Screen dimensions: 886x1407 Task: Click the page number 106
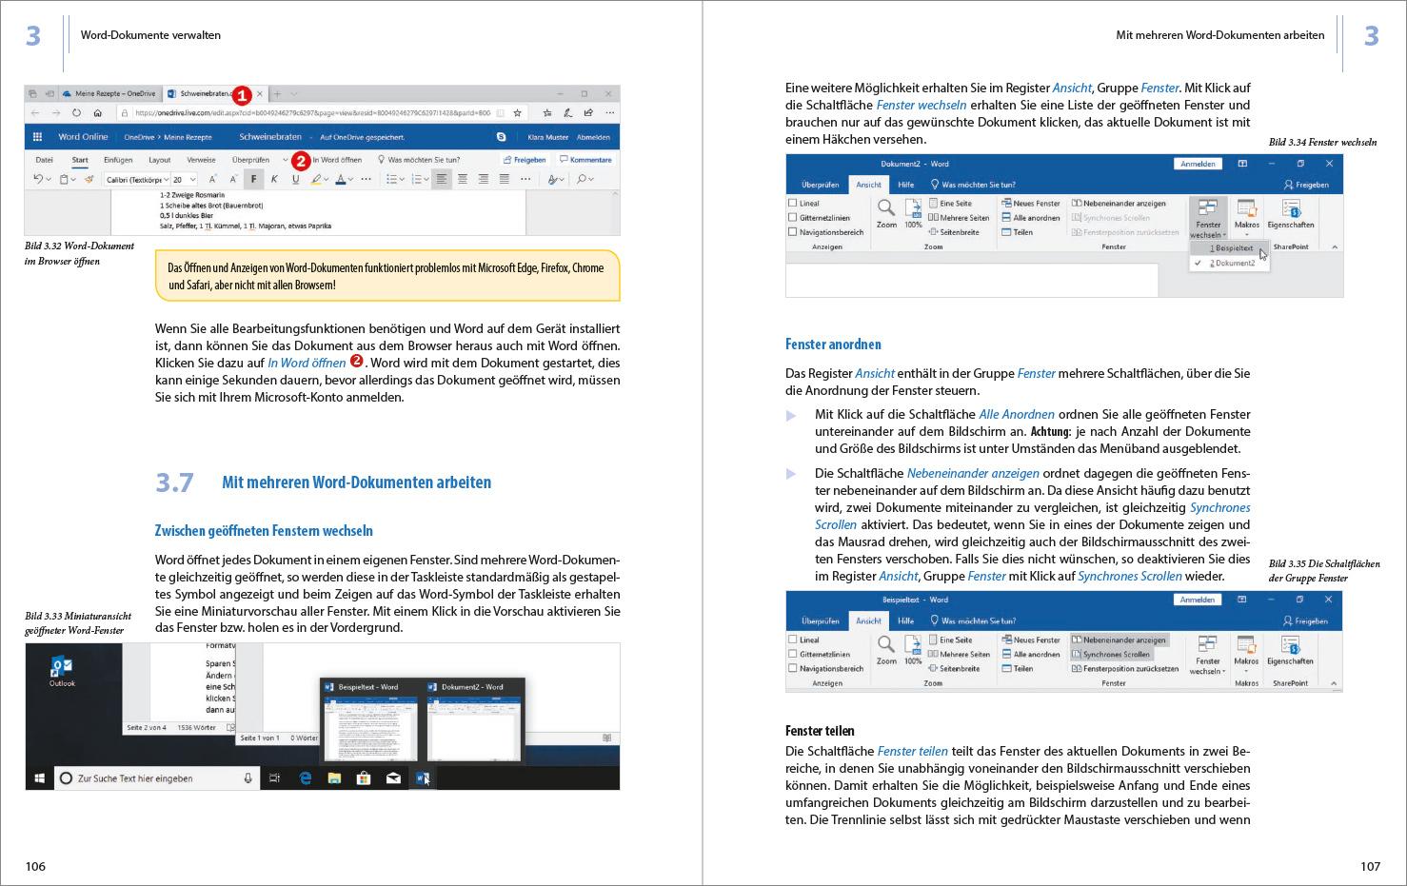pyautogui.click(x=35, y=866)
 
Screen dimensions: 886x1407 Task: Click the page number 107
pyautogui.click(x=1370, y=866)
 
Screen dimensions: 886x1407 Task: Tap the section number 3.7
pyautogui.click(x=174, y=482)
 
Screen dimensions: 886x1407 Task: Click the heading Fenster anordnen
pyautogui.click(x=833, y=345)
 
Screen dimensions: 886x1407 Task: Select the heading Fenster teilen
pyautogui.click(x=820, y=731)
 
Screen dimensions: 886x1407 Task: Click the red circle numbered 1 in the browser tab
pyautogui.click(x=241, y=94)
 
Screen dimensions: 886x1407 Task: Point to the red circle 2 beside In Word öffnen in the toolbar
pyautogui.click(x=300, y=160)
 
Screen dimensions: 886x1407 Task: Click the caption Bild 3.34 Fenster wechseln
pyautogui.click(x=1322, y=143)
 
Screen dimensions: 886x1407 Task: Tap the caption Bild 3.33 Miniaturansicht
pyautogui.click(x=78, y=616)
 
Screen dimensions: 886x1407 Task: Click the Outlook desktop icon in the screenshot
pyautogui.click(x=62, y=670)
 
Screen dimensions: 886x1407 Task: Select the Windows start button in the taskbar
pyautogui.click(x=39, y=778)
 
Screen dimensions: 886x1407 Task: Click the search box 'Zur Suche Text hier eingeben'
pyautogui.click(x=152, y=778)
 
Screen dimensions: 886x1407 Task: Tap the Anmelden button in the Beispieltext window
pyautogui.click(x=1197, y=600)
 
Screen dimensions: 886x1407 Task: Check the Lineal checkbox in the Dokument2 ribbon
pyautogui.click(x=793, y=203)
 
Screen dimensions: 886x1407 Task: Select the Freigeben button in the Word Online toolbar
pyautogui.click(x=525, y=160)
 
